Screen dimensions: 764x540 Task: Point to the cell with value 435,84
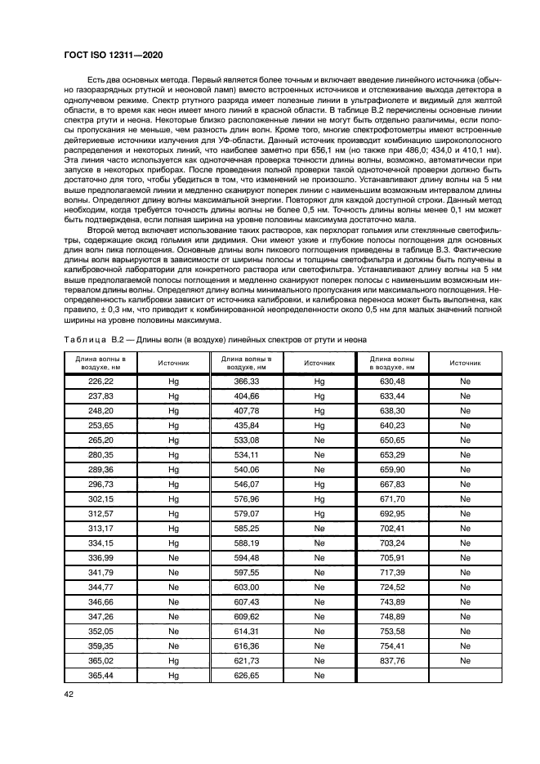pos(246,426)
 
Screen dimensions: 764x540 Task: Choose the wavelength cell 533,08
pos(246,440)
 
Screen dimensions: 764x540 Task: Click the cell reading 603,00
pos(246,587)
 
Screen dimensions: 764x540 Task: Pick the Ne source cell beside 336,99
pos(173,558)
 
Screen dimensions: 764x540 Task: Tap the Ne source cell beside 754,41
pos(466,646)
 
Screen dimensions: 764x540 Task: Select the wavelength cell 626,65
pos(246,675)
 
